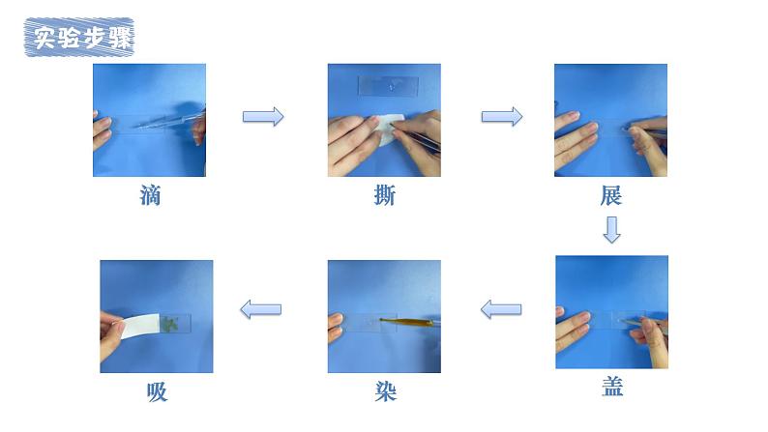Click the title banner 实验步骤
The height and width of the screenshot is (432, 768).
point(79,37)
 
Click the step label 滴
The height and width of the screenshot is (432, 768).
point(150,195)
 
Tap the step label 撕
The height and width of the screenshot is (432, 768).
point(385,195)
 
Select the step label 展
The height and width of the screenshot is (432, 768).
point(610,195)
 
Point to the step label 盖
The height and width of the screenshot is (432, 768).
point(612,386)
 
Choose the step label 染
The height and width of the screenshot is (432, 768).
point(386,391)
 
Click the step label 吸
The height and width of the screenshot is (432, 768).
point(158,391)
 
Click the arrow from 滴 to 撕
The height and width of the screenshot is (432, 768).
point(263,116)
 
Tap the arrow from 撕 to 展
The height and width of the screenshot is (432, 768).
point(502,116)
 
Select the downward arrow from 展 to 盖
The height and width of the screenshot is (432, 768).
point(611,230)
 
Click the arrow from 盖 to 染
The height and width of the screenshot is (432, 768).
point(501,309)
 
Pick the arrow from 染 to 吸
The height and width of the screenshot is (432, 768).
point(260,309)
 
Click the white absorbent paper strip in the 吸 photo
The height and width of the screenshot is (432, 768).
point(140,326)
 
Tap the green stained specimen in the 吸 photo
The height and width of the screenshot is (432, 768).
point(171,324)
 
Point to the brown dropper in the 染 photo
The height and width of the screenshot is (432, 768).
point(406,322)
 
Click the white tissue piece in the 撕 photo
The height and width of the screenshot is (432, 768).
point(388,130)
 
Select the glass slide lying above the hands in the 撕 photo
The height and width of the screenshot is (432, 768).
point(388,86)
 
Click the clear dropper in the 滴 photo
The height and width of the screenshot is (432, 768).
point(170,120)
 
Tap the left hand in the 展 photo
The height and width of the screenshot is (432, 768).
point(576,139)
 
